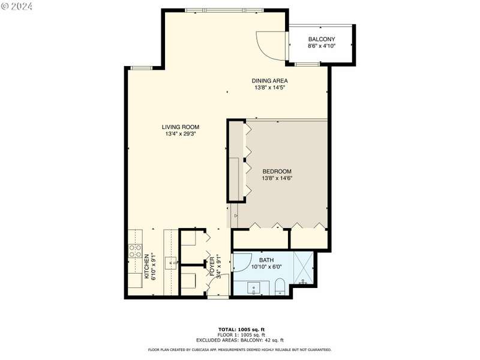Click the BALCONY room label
pos(322,39)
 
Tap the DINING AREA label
pos(269,81)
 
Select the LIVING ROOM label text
pos(181,127)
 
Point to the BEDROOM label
pos(277,172)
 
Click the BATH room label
pos(266,260)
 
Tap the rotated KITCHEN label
pos(147,266)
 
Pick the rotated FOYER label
pos(212,266)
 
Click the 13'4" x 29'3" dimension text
pos(181,134)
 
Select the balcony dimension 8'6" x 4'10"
pos(322,46)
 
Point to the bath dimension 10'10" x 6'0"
pos(266,267)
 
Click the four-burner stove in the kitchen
pos(135,250)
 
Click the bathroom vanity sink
pos(254,288)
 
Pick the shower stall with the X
pos(304,268)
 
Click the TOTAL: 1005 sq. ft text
pos(242,329)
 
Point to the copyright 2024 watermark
pos(17,7)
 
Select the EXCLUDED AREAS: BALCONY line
pos(240,340)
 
